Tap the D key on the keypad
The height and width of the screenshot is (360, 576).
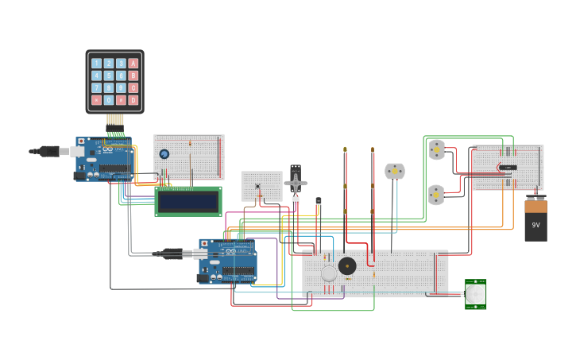point(133,100)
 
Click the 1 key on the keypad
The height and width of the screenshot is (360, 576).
point(96,64)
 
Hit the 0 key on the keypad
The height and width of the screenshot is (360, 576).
point(109,100)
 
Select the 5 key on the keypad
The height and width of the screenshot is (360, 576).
point(109,75)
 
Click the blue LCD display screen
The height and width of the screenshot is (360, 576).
point(188,201)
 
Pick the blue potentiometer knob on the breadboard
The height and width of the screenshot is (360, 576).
point(164,154)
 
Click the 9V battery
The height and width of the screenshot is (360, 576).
point(535,220)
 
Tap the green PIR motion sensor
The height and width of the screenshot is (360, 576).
point(475,294)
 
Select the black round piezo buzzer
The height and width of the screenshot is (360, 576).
point(347,265)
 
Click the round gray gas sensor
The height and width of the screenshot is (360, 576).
point(329,273)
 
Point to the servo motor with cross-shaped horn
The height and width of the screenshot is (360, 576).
point(296,183)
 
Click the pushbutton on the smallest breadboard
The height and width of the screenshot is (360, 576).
point(257,187)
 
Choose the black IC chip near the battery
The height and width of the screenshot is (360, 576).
point(508,168)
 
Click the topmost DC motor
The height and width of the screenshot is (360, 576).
point(436,149)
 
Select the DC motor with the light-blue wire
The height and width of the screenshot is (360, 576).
point(395,172)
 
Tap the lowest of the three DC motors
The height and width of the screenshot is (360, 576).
point(436,195)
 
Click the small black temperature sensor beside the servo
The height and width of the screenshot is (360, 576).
point(319,201)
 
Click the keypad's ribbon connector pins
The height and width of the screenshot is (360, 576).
point(115,120)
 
